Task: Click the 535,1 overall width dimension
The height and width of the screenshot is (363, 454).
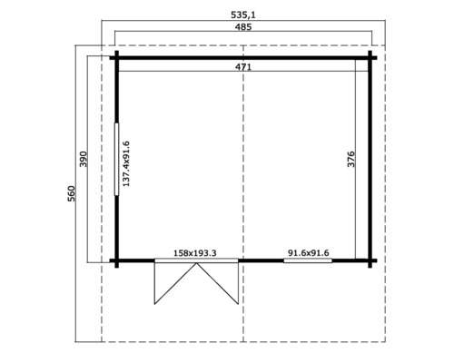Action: (x=242, y=15)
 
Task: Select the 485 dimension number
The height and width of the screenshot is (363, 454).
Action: (x=242, y=28)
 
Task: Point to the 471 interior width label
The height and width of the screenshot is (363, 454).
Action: (x=242, y=67)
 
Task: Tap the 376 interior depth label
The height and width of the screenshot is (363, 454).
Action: (x=351, y=159)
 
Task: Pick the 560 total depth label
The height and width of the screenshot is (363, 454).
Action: (x=72, y=194)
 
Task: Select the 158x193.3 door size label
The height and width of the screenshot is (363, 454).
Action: (x=195, y=253)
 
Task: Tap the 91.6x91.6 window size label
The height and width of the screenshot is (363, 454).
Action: (x=308, y=253)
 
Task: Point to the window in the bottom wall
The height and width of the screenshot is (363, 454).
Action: (x=307, y=261)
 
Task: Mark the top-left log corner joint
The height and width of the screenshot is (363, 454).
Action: (x=117, y=58)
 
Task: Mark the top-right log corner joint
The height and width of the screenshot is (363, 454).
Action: (x=370, y=58)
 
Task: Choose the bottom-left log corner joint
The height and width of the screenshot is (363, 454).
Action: (x=117, y=261)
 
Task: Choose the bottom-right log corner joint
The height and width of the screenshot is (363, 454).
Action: (x=370, y=261)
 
